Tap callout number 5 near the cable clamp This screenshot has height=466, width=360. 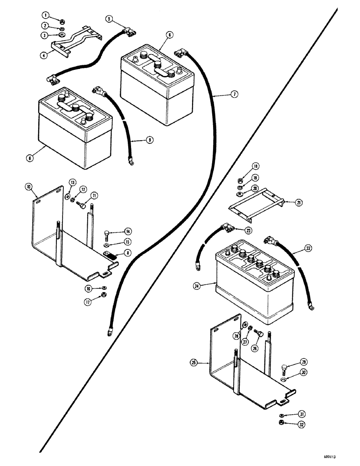coord(109,19)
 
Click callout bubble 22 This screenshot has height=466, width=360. coord(296,250)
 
